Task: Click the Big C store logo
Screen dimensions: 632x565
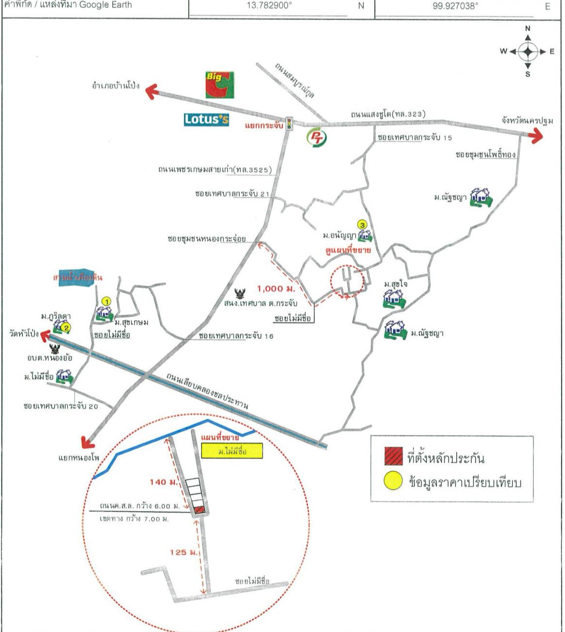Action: (x=219, y=84)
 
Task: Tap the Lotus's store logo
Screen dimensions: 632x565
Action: (x=206, y=119)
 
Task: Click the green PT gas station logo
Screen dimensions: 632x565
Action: (x=316, y=137)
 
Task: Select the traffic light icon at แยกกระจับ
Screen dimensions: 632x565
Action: (x=290, y=123)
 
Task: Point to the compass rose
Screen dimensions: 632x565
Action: (x=528, y=51)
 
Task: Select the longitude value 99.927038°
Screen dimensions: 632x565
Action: (x=455, y=6)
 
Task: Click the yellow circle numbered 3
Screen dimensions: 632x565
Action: (x=362, y=224)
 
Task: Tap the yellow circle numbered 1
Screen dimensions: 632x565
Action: (x=106, y=301)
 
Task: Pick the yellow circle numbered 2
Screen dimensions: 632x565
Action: (x=67, y=328)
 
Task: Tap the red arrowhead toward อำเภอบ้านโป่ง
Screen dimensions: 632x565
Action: (x=152, y=91)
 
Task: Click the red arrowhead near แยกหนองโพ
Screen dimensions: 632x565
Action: (x=87, y=441)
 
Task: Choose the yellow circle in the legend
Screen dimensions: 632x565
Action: (x=393, y=481)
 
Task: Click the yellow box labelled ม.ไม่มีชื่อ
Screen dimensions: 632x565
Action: (x=233, y=451)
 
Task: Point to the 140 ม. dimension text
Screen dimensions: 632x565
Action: (x=163, y=482)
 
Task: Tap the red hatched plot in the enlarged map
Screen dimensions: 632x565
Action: (x=199, y=510)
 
